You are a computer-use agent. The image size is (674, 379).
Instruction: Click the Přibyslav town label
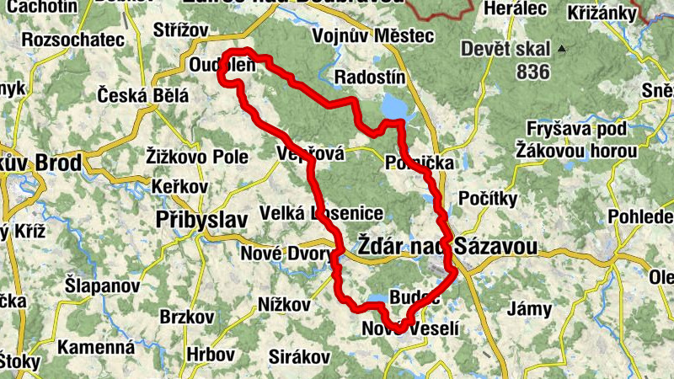(201, 220)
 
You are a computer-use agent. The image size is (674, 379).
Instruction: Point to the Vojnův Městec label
(372, 36)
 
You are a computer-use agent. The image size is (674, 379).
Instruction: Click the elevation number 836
(532, 72)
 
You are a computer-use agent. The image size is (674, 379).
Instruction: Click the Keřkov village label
(179, 185)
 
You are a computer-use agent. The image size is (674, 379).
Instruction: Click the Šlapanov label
(102, 286)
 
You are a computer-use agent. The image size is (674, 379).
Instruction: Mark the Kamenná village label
(96, 346)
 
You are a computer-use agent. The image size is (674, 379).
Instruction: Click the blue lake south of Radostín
(393, 108)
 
